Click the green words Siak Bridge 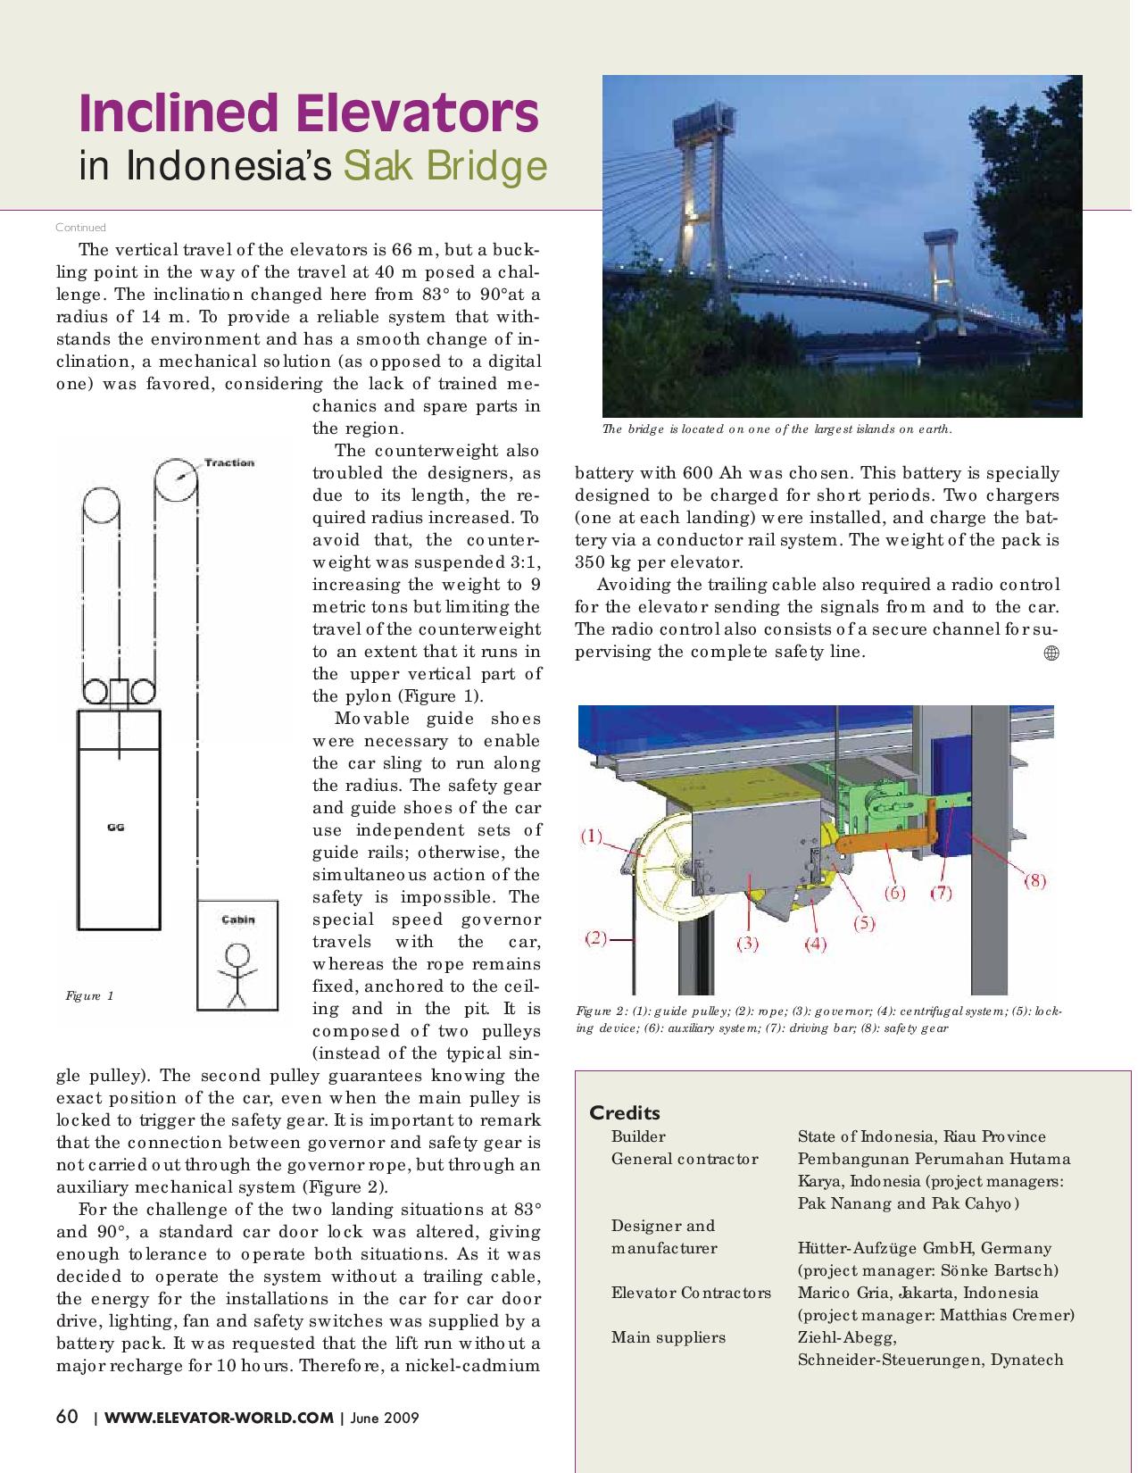[444, 166]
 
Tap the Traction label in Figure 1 [229, 462]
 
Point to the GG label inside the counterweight [115, 828]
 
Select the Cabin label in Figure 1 [237, 920]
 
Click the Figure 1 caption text [89, 995]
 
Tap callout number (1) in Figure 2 [592, 836]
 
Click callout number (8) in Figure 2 [1034, 880]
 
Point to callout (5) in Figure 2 [863, 923]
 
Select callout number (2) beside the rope [596, 937]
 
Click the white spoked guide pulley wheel [669, 866]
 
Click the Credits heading [625, 1112]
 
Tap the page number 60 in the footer [67, 1417]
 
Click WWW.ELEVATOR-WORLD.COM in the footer [219, 1418]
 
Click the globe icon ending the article [1051, 653]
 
